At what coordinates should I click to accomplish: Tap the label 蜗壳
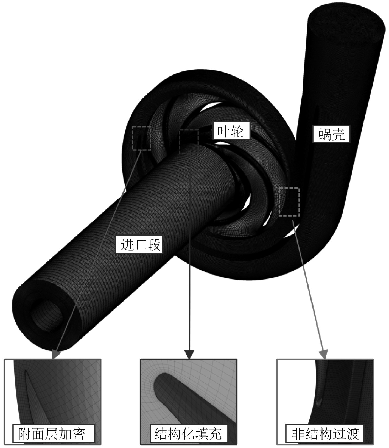point(332,134)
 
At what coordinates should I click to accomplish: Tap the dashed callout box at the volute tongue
point(289,202)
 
